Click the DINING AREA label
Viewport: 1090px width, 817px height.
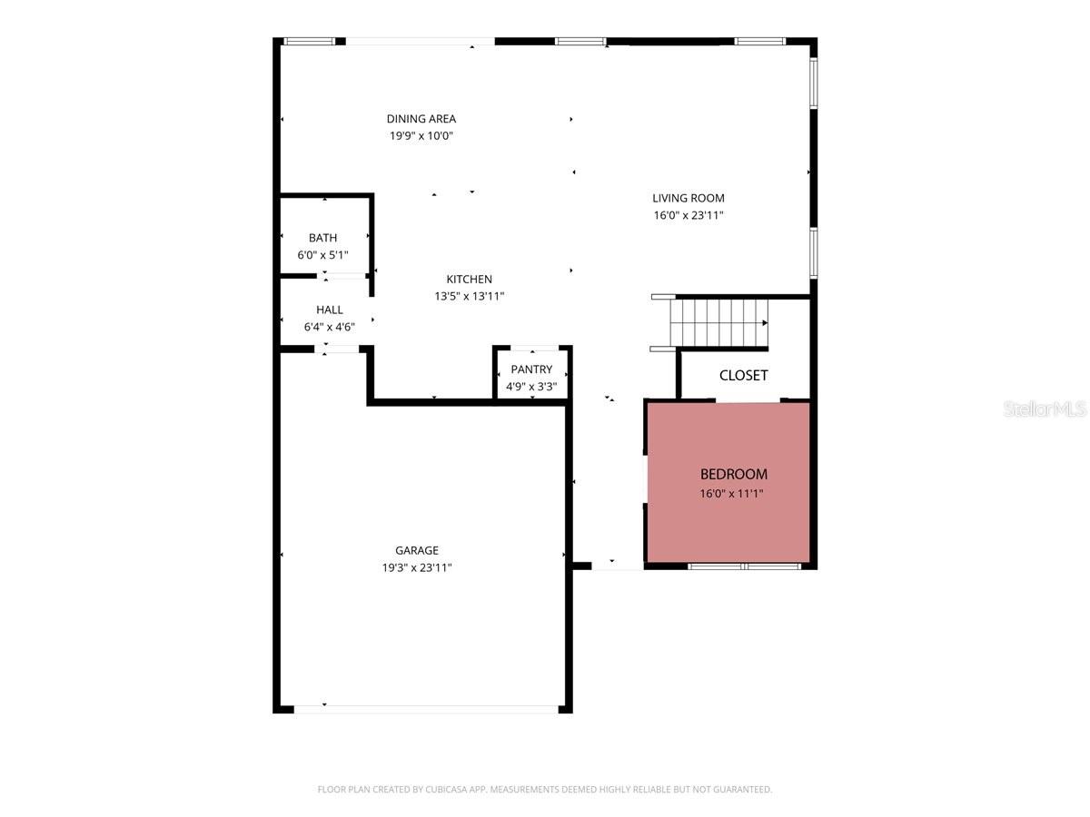(x=421, y=119)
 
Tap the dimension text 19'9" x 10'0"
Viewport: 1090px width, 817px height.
(x=421, y=136)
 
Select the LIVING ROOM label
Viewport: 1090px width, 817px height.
(x=688, y=198)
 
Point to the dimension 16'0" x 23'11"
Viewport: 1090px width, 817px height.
(x=688, y=215)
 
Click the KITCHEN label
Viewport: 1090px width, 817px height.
(x=469, y=279)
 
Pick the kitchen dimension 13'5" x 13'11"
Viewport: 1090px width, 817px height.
(x=469, y=296)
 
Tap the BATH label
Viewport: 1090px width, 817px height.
(x=322, y=238)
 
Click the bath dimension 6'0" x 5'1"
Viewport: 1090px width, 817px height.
(x=322, y=255)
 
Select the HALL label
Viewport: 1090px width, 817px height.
(x=329, y=310)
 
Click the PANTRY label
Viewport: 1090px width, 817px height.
(x=531, y=369)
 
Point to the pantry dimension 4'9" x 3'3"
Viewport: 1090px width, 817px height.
(x=531, y=387)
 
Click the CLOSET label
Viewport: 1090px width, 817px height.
(x=743, y=375)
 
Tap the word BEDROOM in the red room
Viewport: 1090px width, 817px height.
(x=733, y=474)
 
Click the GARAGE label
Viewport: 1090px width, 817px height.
(x=417, y=550)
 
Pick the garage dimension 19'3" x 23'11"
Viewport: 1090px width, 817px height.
(x=417, y=567)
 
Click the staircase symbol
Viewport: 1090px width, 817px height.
(x=718, y=322)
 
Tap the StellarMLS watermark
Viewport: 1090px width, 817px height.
(x=1044, y=409)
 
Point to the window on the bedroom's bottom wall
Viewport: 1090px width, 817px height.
(x=744, y=566)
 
